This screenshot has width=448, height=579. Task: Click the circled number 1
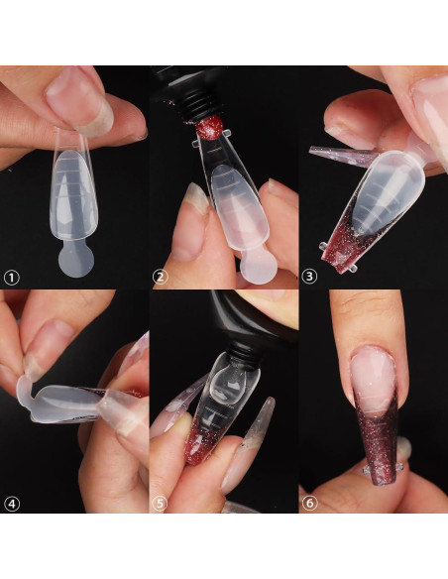coord(12,278)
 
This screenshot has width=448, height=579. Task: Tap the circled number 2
coord(161,278)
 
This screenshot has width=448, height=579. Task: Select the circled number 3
coord(310,278)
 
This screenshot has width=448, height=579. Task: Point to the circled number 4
coord(12,503)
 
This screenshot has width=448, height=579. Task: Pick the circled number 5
coord(161,503)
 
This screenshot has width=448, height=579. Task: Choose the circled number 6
coord(310,503)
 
